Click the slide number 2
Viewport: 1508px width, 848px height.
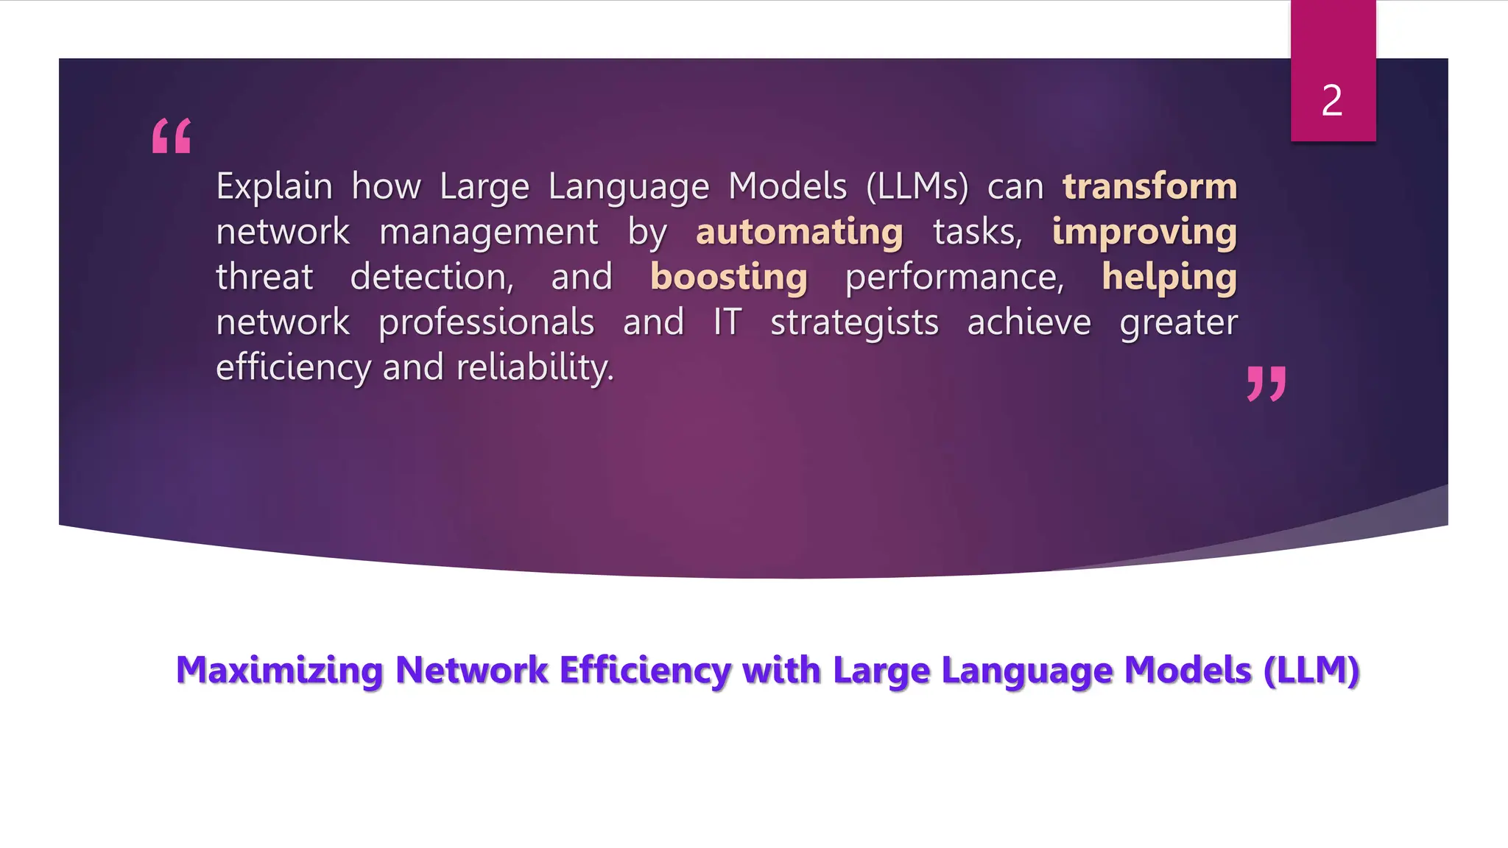click(1332, 101)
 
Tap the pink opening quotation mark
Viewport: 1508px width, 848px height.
click(172, 136)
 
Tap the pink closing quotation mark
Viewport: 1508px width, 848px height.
click(1266, 384)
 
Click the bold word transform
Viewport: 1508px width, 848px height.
click(1149, 186)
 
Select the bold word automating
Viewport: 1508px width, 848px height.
click(799, 232)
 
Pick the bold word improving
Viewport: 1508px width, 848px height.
click(1144, 232)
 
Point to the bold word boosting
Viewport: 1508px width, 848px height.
click(729, 278)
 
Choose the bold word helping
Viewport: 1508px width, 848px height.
click(1169, 278)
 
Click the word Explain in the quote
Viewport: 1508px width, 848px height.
click(274, 186)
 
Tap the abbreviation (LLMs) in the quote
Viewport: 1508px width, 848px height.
click(917, 186)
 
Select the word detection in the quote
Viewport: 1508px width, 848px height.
click(431, 278)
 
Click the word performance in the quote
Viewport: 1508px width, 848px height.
click(954, 278)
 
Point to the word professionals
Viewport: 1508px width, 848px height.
click(486, 322)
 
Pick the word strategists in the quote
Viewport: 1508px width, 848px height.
click(854, 322)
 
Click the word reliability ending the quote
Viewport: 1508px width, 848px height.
click(535, 367)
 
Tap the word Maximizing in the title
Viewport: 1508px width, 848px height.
click(280, 670)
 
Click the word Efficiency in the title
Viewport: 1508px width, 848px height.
click(645, 670)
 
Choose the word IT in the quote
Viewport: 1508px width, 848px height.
click(727, 322)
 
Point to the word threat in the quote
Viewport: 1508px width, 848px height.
click(264, 278)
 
